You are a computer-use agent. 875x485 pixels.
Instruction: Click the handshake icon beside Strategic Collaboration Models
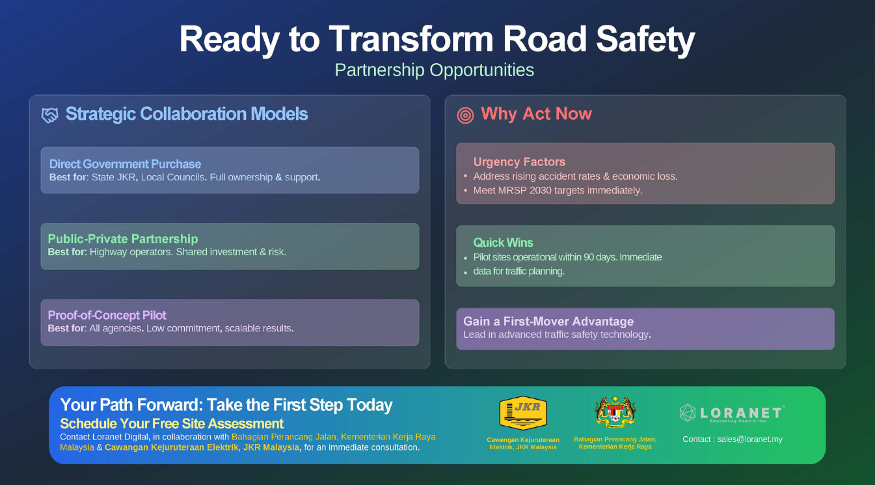pos(49,115)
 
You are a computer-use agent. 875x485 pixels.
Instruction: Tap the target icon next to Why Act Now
pos(465,115)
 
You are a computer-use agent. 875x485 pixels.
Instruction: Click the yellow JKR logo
pos(523,413)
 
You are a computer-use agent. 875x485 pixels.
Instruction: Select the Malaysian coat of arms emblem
pos(615,412)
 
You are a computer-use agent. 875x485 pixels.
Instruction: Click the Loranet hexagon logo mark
pos(688,413)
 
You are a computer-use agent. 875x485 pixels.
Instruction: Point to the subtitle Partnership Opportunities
pos(434,70)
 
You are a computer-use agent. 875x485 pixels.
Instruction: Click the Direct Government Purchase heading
pos(125,164)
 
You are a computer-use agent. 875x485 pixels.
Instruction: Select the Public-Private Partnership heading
pos(123,238)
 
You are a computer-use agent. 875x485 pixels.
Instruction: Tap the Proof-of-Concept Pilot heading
pos(107,315)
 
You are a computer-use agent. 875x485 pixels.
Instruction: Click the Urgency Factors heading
pos(519,161)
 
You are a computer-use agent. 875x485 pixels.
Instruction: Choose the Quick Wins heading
pos(503,242)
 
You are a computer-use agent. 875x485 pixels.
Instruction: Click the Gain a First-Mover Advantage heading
pos(548,321)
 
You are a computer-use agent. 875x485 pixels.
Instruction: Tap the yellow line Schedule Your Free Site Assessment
pos(172,424)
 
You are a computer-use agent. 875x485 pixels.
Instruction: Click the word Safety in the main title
pos(646,39)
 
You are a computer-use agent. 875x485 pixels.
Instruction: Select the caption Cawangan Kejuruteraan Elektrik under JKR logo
pos(523,443)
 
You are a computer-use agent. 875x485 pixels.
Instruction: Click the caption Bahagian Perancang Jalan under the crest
pos(615,443)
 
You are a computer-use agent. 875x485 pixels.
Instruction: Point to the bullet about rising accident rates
pos(575,176)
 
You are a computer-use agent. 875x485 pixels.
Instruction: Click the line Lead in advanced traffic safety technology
pos(557,335)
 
